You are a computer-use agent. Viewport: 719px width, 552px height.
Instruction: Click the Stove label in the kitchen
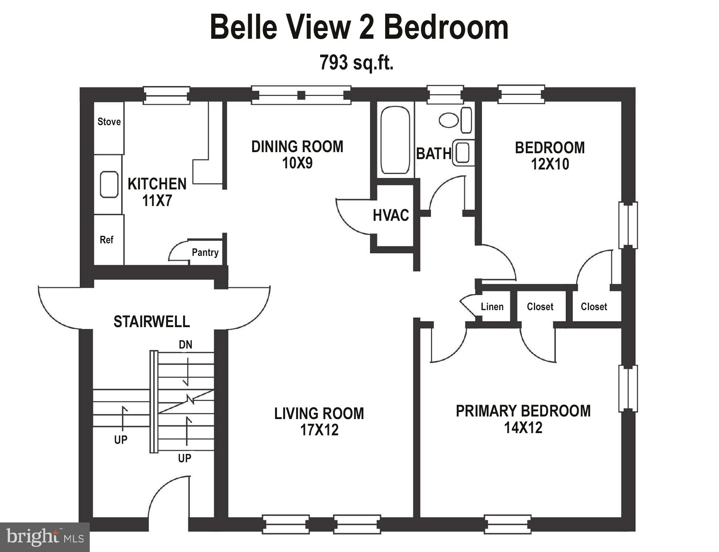coord(109,122)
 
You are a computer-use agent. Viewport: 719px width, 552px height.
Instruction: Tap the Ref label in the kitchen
coord(106,240)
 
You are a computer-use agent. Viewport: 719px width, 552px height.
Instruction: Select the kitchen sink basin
coord(109,184)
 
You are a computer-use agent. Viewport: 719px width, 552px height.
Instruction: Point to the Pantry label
coord(205,253)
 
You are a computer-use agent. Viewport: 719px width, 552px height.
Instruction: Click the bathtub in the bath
coord(395,140)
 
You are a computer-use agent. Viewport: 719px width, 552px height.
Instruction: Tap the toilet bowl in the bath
coord(449,120)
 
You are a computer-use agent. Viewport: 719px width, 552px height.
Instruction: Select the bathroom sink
coord(463,152)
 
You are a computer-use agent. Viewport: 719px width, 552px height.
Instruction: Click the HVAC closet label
coord(391,215)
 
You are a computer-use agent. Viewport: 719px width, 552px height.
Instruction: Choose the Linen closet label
coord(492,307)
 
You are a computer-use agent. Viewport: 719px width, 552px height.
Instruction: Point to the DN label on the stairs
coord(185,345)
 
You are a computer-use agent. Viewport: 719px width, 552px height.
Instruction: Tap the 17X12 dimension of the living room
coord(319,430)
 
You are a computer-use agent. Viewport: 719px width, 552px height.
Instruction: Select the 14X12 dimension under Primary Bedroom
coord(523,428)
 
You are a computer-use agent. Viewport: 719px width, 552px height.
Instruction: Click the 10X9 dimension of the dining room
coord(297,163)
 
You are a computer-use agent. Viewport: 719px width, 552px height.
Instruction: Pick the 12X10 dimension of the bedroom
coord(550,164)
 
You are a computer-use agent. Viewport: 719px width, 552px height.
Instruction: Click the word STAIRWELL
coord(151,322)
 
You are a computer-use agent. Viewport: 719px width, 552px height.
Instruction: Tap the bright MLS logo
coord(45,537)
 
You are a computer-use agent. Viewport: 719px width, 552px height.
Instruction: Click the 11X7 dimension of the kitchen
coord(157,200)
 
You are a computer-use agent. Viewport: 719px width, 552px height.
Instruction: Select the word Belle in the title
coord(243,28)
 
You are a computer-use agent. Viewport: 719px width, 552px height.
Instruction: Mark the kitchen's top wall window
coord(167,95)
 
